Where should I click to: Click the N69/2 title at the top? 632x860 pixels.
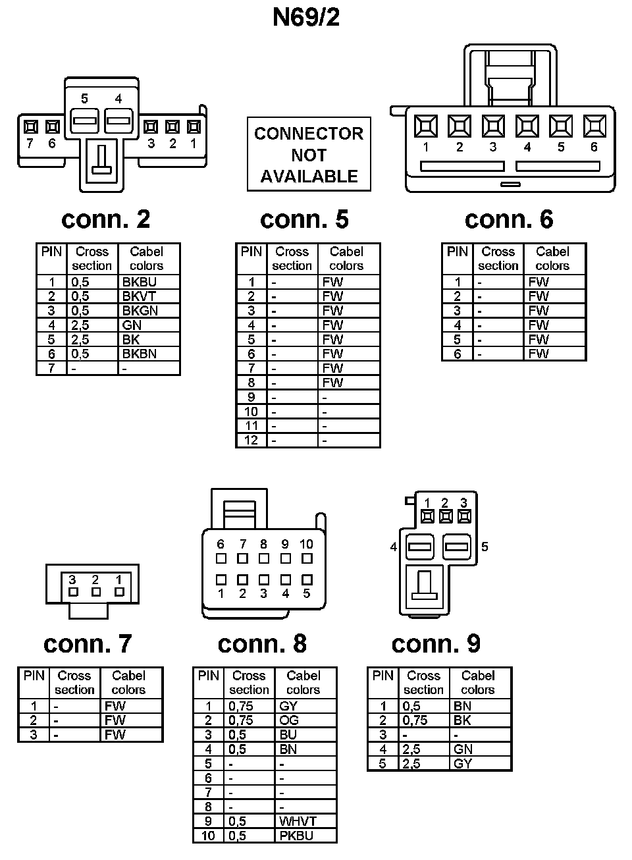[306, 17]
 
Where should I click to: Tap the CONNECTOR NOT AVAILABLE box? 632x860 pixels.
[309, 155]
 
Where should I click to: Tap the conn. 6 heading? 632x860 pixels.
[509, 219]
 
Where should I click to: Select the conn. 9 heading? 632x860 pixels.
[436, 643]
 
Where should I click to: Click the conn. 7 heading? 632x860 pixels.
[88, 643]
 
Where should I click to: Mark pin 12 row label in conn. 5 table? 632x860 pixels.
[251, 440]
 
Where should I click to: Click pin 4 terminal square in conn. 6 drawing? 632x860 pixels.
[527, 126]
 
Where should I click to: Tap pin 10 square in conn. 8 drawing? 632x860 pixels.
[307, 558]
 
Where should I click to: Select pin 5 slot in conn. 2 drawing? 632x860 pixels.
[84, 121]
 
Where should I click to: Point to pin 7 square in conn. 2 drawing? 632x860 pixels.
[30, 126]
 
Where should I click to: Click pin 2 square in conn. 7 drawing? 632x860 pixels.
[96, 591]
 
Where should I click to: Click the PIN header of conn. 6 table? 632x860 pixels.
[457, 252]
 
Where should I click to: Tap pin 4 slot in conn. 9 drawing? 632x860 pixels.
[419, 547]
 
